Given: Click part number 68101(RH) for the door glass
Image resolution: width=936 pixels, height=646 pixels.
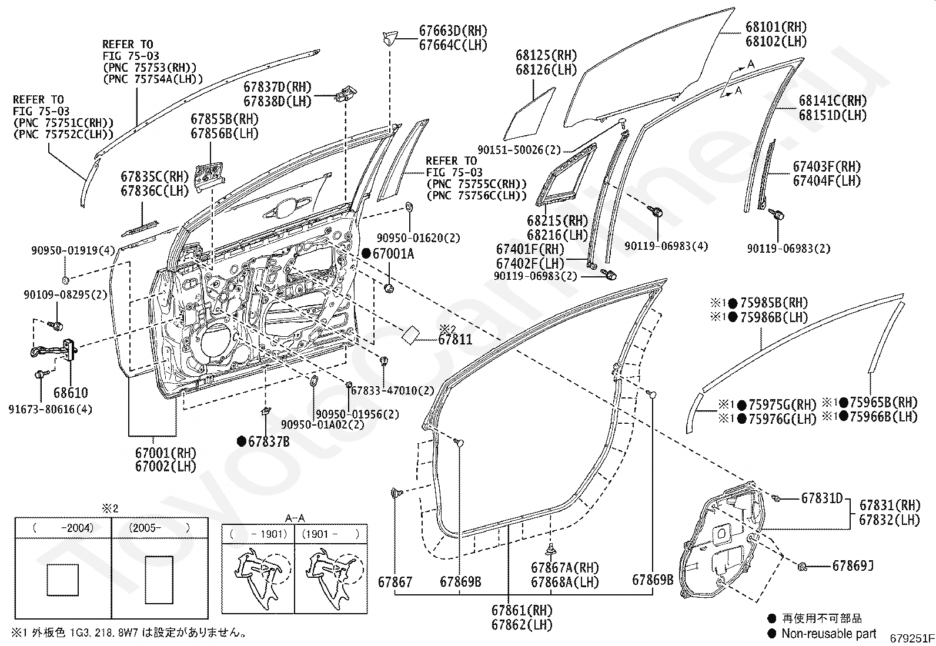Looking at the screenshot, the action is click(x=776, y=27).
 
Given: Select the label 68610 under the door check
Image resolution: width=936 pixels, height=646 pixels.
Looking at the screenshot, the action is click(x=71, y=393).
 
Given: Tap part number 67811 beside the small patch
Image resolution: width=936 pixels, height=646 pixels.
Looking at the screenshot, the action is click(x=455, y=339).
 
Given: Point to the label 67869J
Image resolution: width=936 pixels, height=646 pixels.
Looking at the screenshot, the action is click(x=853, y=566).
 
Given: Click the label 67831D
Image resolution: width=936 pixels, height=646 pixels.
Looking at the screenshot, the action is click(x=822, y=498).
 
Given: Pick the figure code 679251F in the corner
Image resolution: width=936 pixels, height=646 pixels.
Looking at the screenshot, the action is click(x=912, y=638).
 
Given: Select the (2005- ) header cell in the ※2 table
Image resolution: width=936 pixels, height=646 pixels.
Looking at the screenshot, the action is click(x=159, y=528).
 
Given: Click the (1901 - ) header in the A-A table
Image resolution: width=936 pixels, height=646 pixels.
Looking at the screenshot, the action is click(x=330, y=534).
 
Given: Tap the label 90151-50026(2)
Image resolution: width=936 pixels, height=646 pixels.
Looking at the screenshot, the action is click(x=519, y=149).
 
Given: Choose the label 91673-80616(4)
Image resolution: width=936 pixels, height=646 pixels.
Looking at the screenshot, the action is click(x=50, y=409).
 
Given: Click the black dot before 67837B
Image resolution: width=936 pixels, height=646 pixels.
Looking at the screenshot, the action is click(x=241, y=441).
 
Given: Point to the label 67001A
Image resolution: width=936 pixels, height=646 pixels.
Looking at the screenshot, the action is click(x=393, y=253).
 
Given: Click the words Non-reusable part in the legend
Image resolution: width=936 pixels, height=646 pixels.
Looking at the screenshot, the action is click(x=829, y=634).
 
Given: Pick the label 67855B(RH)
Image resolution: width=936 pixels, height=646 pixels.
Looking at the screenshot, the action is click(x=225, y=119).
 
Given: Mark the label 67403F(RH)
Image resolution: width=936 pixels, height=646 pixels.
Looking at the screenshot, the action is click(x=827, y=167).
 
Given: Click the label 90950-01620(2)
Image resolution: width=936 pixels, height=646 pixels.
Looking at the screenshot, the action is click(x=418, y=237).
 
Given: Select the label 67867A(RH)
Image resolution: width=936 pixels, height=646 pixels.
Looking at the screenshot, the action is click(x=565, y=567).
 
